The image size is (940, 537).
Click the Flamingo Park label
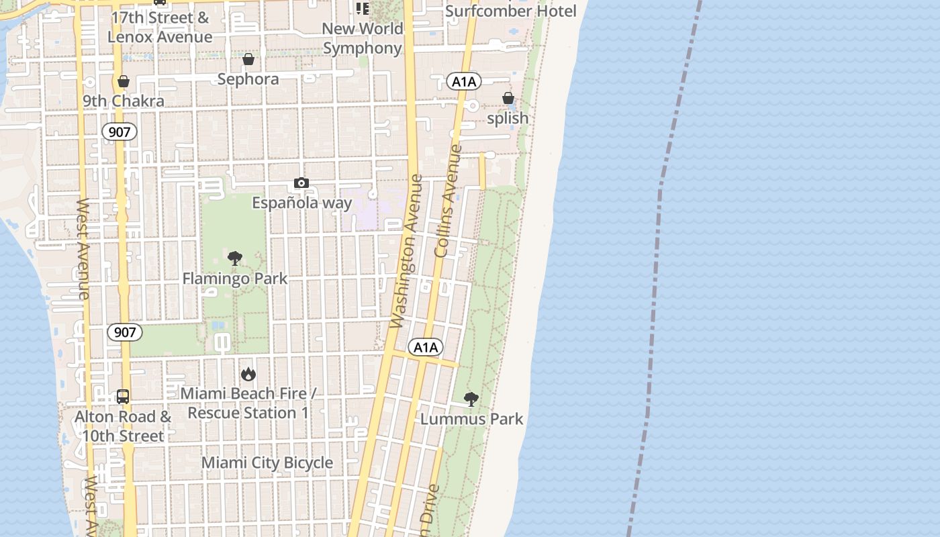point(235,278)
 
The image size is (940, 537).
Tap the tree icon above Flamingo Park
point(234,258)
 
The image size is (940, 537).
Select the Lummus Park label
point(471,419)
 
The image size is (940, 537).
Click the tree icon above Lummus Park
point(471,399)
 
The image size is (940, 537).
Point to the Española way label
point(301,202)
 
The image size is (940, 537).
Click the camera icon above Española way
point(301,183)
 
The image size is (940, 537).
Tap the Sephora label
point(248,79)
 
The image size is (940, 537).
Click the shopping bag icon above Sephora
point(248,59)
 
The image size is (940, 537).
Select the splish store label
point(508,118)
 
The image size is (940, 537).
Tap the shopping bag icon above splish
point(508,99)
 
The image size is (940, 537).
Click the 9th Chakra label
point(124,101)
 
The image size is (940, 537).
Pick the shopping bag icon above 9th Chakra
point(124,81)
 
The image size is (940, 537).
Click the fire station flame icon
point(248,374)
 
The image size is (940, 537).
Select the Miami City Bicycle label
point(267,462)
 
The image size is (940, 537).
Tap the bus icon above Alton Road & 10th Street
point(123,396)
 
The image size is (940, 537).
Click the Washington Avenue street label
point(407,252)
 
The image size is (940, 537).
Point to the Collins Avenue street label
point(449,201)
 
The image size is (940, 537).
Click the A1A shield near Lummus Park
point(426,347)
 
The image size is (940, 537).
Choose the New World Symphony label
point(363,38)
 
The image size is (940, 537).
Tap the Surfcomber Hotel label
point(511,11)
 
